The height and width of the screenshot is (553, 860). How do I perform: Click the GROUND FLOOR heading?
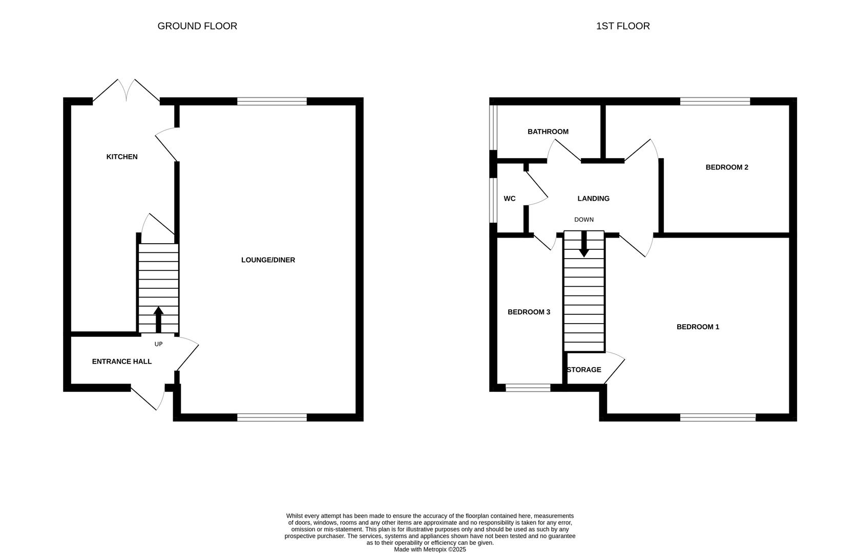[197, 26]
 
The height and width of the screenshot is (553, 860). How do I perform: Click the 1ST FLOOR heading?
[622, 26]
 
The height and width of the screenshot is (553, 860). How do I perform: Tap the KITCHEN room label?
[122, 157]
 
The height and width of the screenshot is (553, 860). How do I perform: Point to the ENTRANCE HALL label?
[121, 361]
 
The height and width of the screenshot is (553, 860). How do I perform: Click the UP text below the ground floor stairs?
[158, 344]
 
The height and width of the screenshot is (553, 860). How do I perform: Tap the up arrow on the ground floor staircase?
[158, 318]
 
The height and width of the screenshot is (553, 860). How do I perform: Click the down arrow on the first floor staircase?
[583, 245]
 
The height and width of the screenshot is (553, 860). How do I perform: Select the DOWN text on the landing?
[583, 220]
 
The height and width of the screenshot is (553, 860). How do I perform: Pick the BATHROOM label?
[548, 132]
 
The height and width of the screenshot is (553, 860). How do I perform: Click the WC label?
[509, 199]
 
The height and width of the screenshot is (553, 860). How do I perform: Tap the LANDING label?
[593, 199]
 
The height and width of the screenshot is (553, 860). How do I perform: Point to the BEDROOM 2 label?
[726, 167]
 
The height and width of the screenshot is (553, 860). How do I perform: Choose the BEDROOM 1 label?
[698, 327]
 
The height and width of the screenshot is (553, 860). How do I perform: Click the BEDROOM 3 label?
[529, 312]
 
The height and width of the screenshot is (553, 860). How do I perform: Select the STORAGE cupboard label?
[584, 370]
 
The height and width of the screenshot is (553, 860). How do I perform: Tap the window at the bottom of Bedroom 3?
[528, 388]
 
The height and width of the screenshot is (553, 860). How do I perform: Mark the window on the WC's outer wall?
[493, 200]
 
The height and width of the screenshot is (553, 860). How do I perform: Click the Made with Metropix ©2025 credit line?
[430, 549]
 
